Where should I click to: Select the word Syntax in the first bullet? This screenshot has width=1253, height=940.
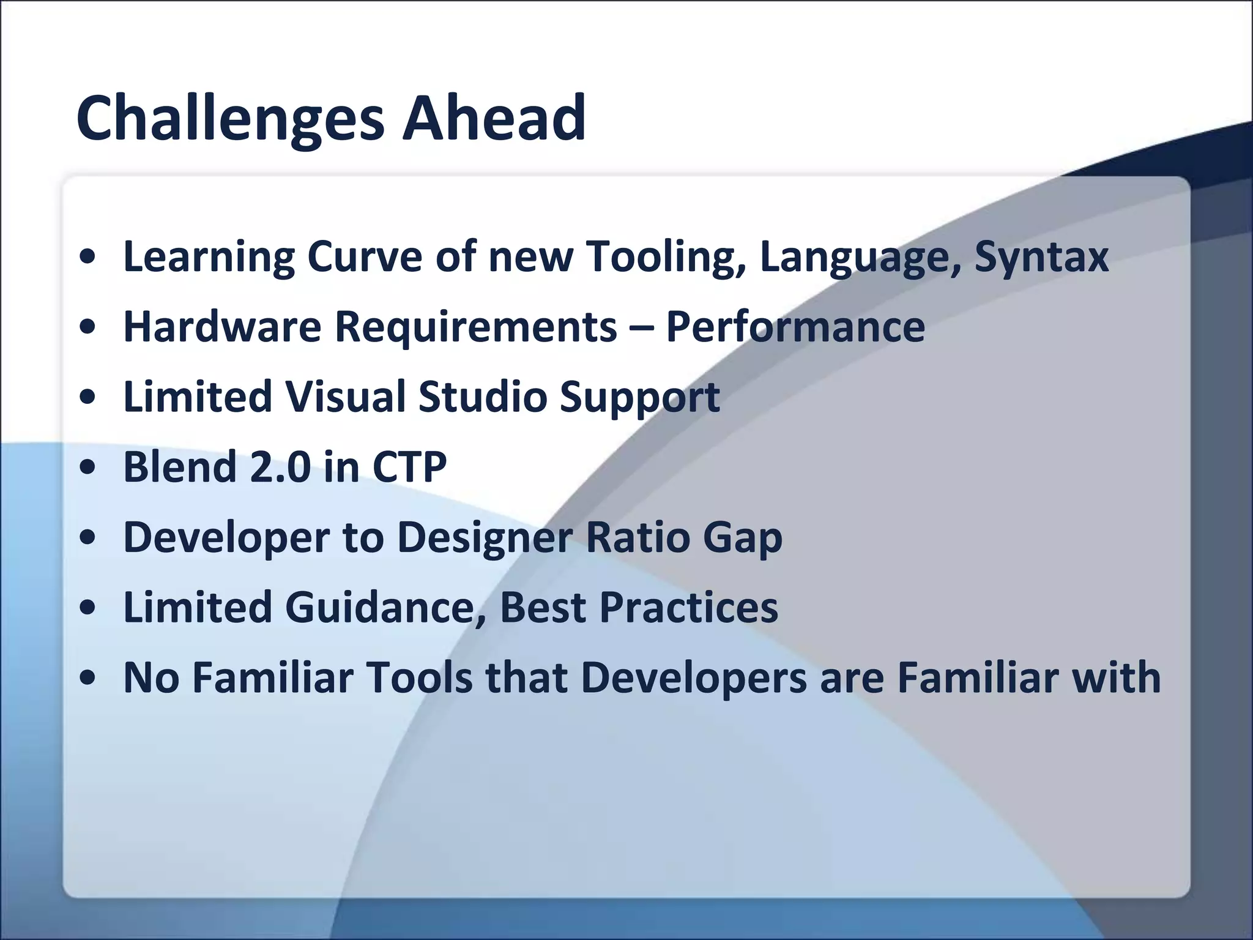1041,256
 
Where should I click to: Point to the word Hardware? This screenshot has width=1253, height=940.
221,326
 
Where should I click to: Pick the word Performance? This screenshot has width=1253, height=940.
795,326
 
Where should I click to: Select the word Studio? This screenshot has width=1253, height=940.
483,397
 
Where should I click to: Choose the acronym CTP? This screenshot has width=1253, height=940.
409,467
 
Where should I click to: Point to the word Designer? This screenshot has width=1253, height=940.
485,537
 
